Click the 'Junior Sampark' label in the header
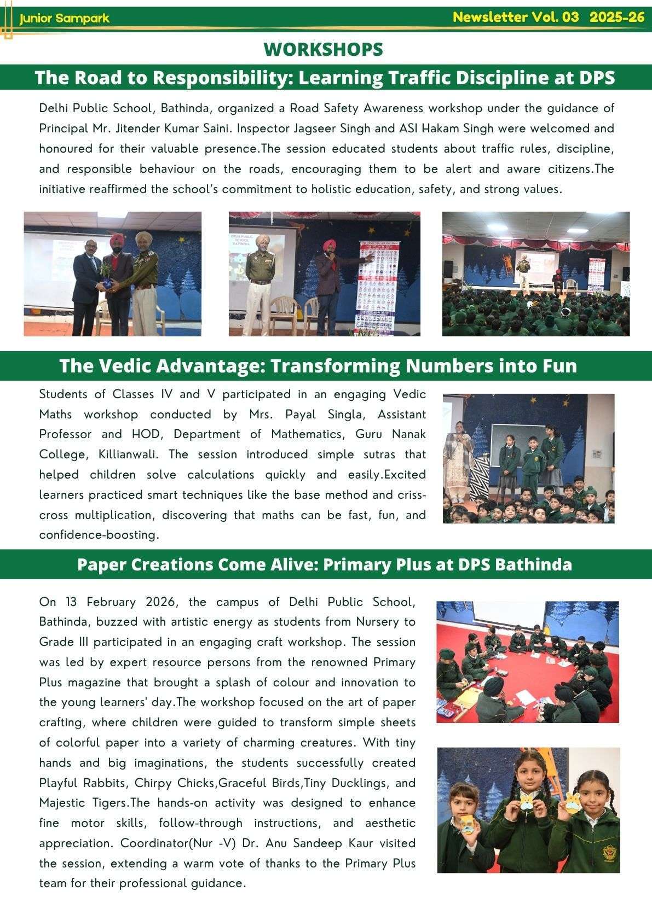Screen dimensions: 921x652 [64, 19]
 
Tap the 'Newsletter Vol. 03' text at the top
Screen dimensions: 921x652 [515, 18]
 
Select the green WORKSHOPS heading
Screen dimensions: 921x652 [323, 49]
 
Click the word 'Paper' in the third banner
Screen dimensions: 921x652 [100, 564]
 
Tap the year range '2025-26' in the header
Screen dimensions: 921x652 [617, 18]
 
